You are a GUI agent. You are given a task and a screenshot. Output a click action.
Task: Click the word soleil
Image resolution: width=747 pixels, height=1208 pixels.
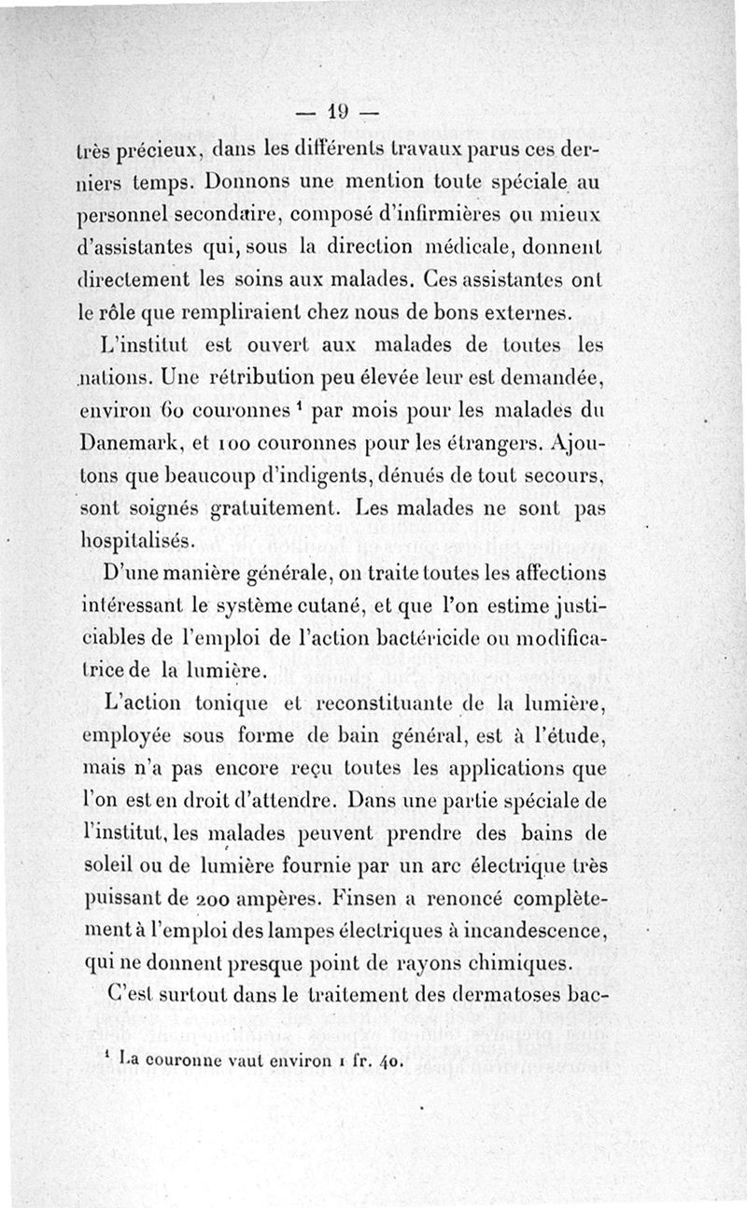[106, 870]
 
